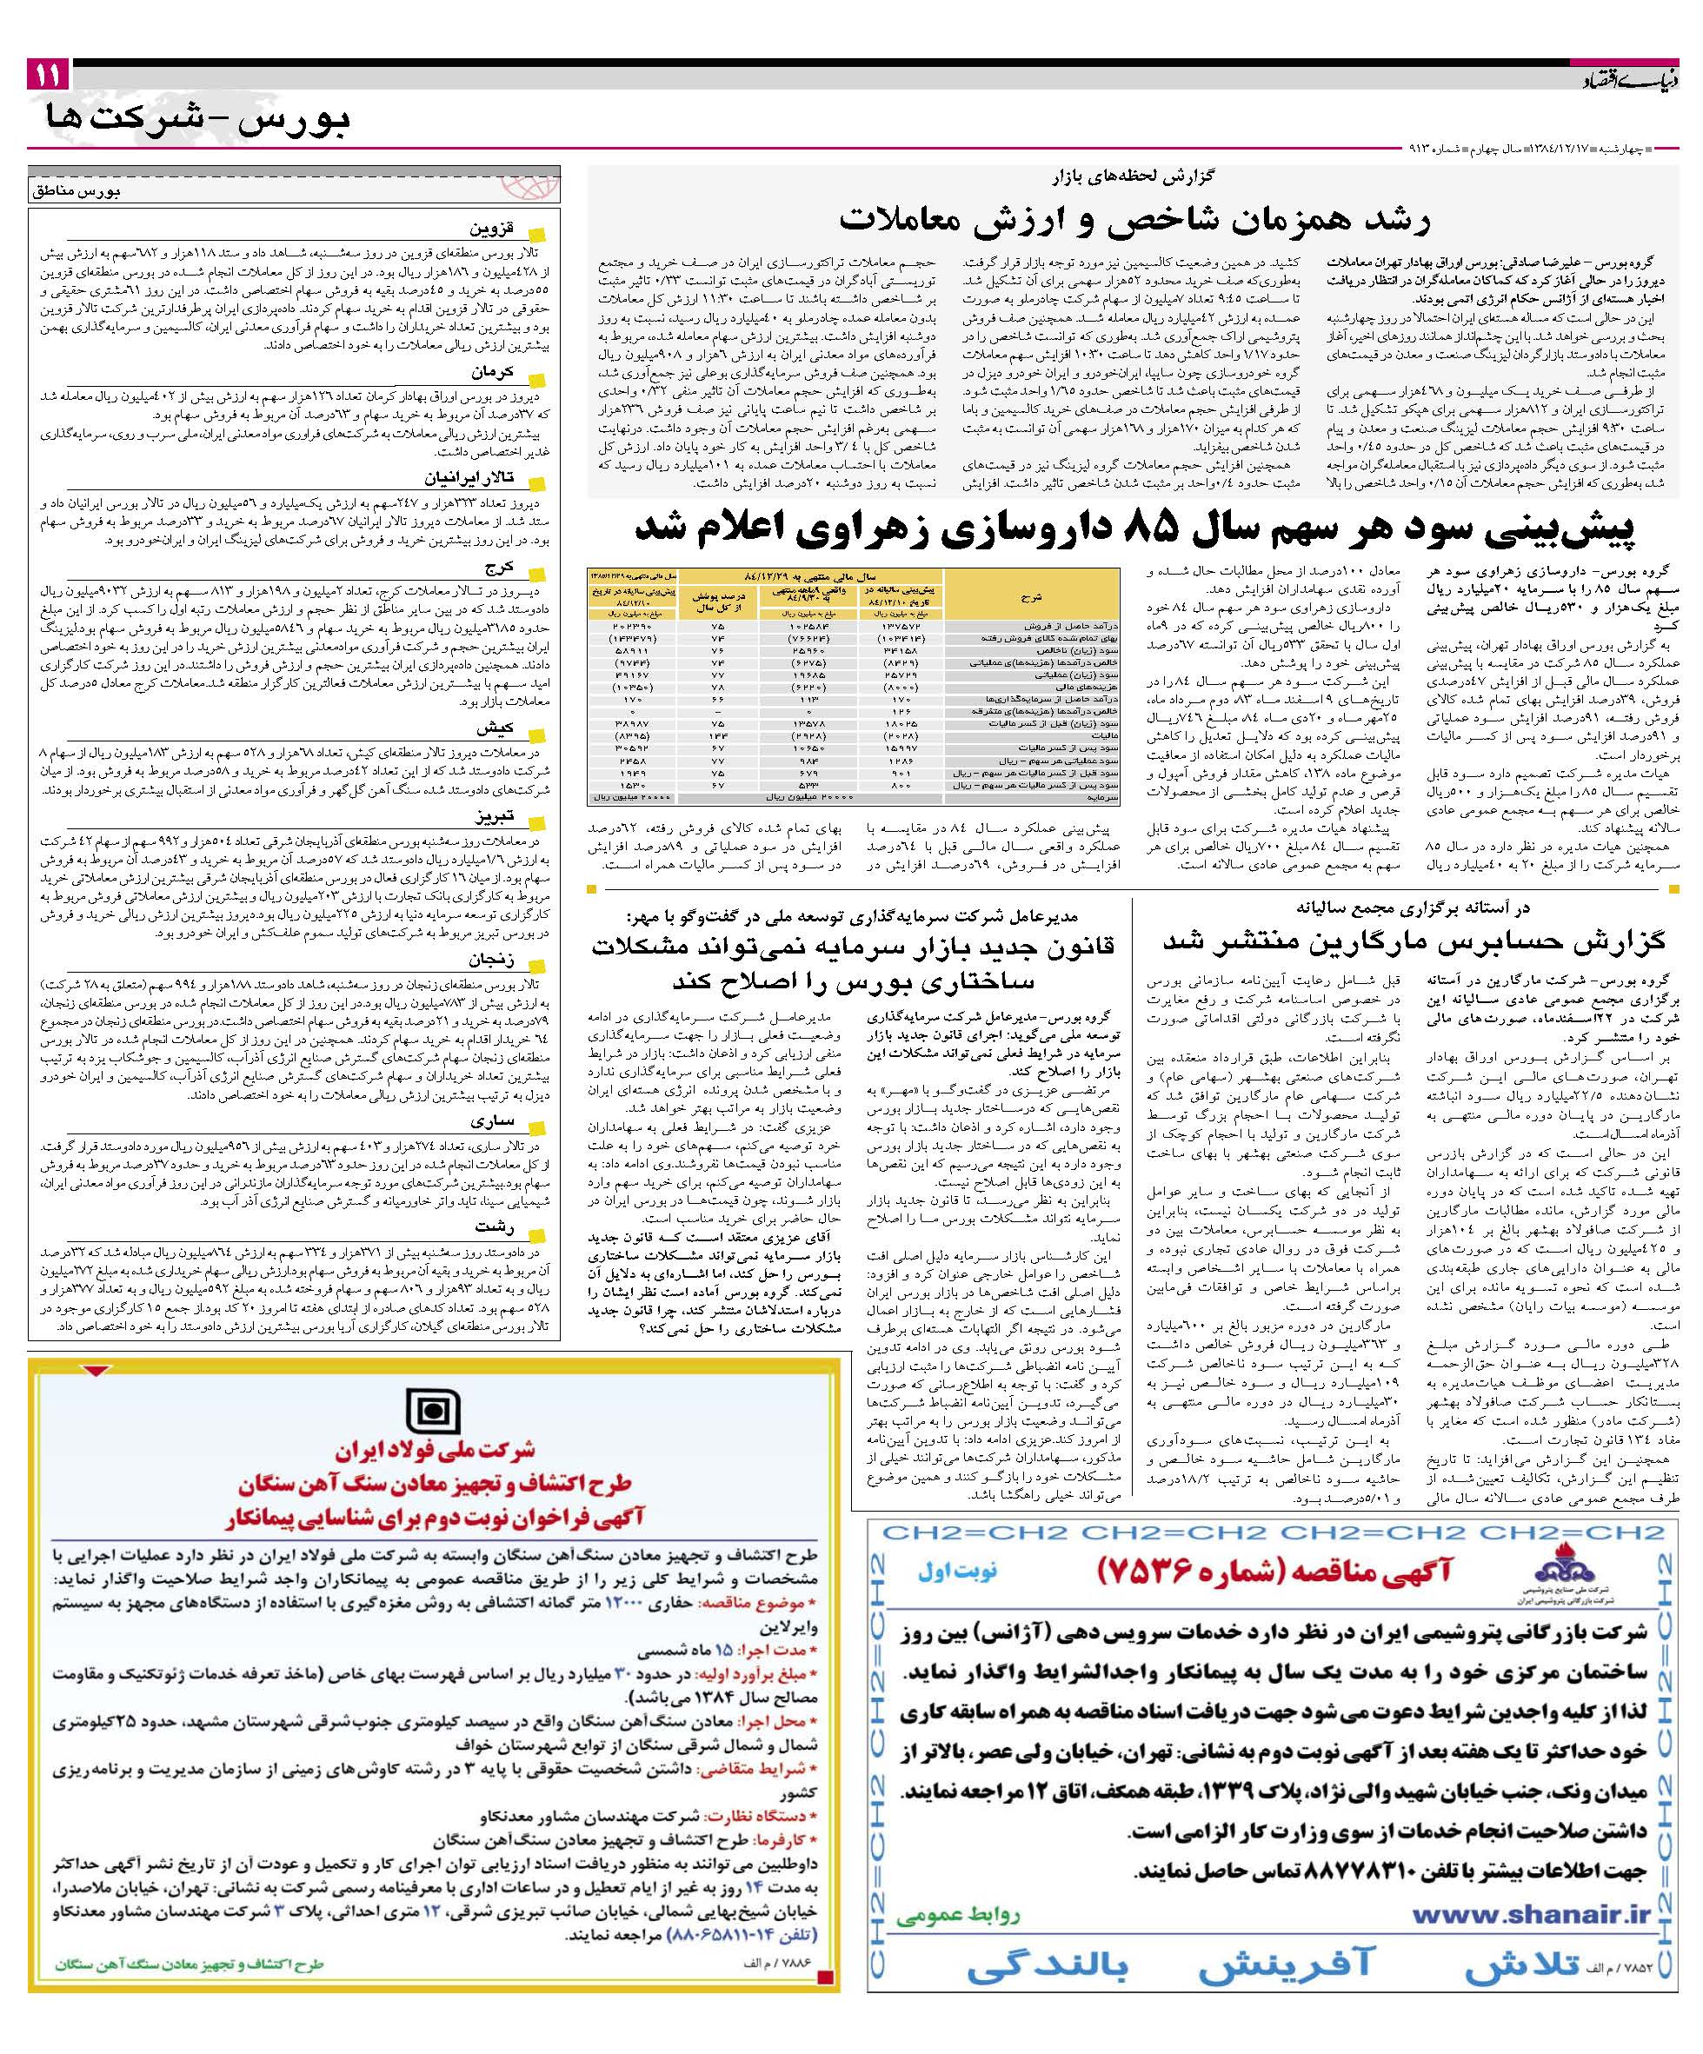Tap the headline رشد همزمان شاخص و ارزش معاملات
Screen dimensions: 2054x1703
[1134, 218]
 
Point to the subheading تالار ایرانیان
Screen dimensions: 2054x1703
[470, 479]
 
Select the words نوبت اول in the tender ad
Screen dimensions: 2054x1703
[956, 1572]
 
